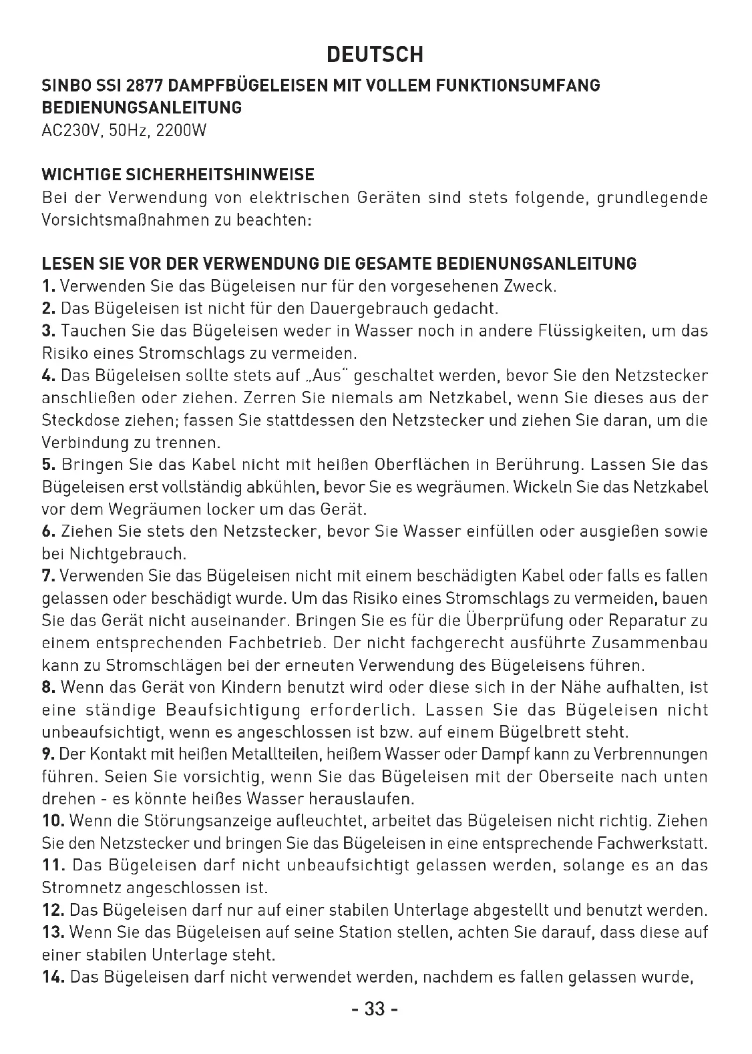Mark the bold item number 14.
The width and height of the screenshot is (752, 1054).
tap(52, 977)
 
